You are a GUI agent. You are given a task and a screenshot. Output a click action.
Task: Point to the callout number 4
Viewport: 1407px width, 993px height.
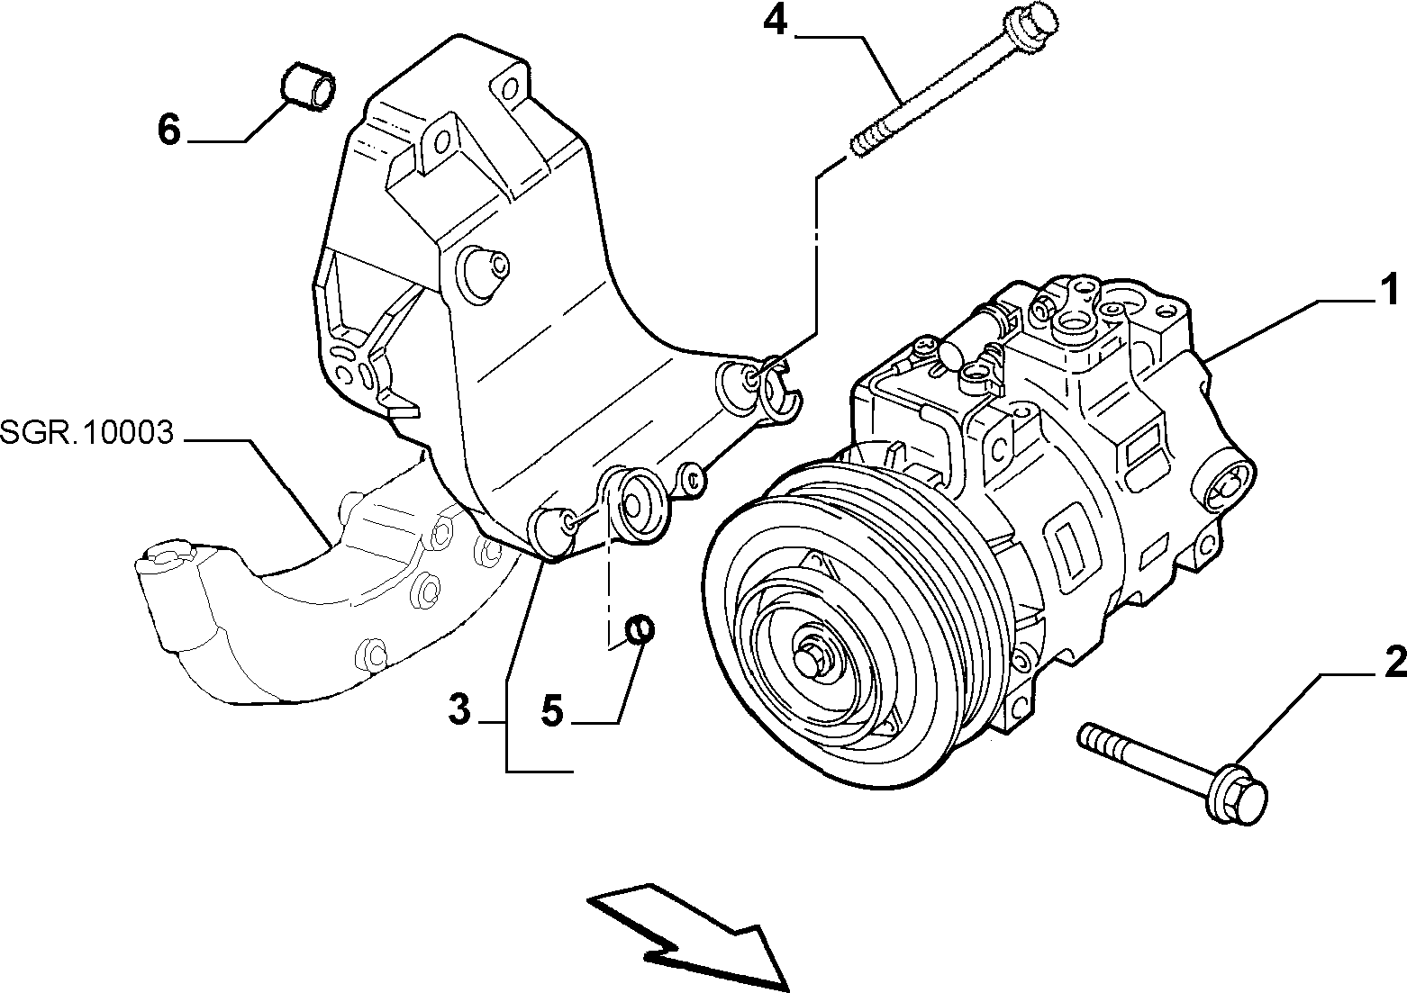[775, 22]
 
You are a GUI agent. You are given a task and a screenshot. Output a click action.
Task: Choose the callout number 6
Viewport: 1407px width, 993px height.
[169, 131]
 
